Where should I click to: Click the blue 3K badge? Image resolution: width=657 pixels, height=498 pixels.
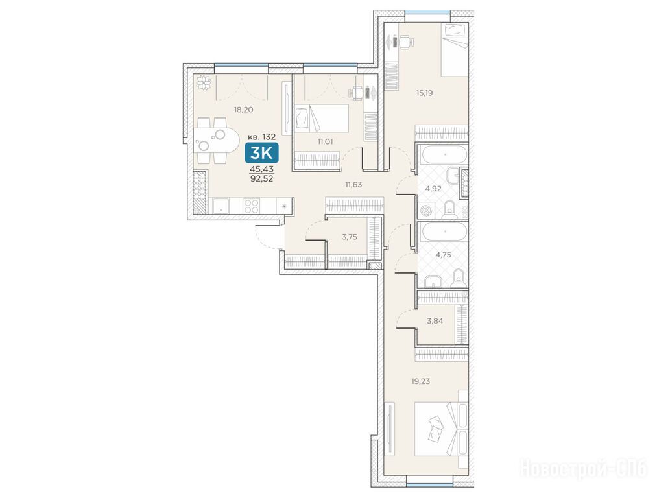261,152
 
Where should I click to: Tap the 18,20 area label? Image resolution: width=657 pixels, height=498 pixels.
243,110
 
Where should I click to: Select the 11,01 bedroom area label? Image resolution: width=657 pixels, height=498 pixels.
325,141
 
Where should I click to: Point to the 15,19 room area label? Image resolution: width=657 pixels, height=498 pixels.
424,93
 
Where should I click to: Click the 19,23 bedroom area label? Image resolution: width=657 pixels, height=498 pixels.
421,381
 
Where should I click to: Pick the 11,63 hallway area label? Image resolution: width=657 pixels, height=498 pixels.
353,184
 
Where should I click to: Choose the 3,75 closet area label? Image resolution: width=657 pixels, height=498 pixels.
350,237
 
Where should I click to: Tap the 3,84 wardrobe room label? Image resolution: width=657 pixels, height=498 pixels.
435,321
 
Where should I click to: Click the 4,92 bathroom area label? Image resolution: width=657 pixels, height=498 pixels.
433,189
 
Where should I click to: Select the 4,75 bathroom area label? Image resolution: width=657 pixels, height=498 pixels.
444,255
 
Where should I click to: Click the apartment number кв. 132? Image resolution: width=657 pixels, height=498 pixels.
261,137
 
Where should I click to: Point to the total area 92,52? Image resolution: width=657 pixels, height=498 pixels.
261,178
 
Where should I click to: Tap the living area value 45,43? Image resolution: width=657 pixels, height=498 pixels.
261,169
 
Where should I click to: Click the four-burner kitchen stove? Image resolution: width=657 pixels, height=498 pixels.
252,206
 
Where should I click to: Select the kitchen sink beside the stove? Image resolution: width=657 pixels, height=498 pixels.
221,206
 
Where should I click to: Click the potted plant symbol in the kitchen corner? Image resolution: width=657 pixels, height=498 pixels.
204,82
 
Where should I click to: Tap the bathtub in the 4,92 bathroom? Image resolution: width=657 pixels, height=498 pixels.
444,154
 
